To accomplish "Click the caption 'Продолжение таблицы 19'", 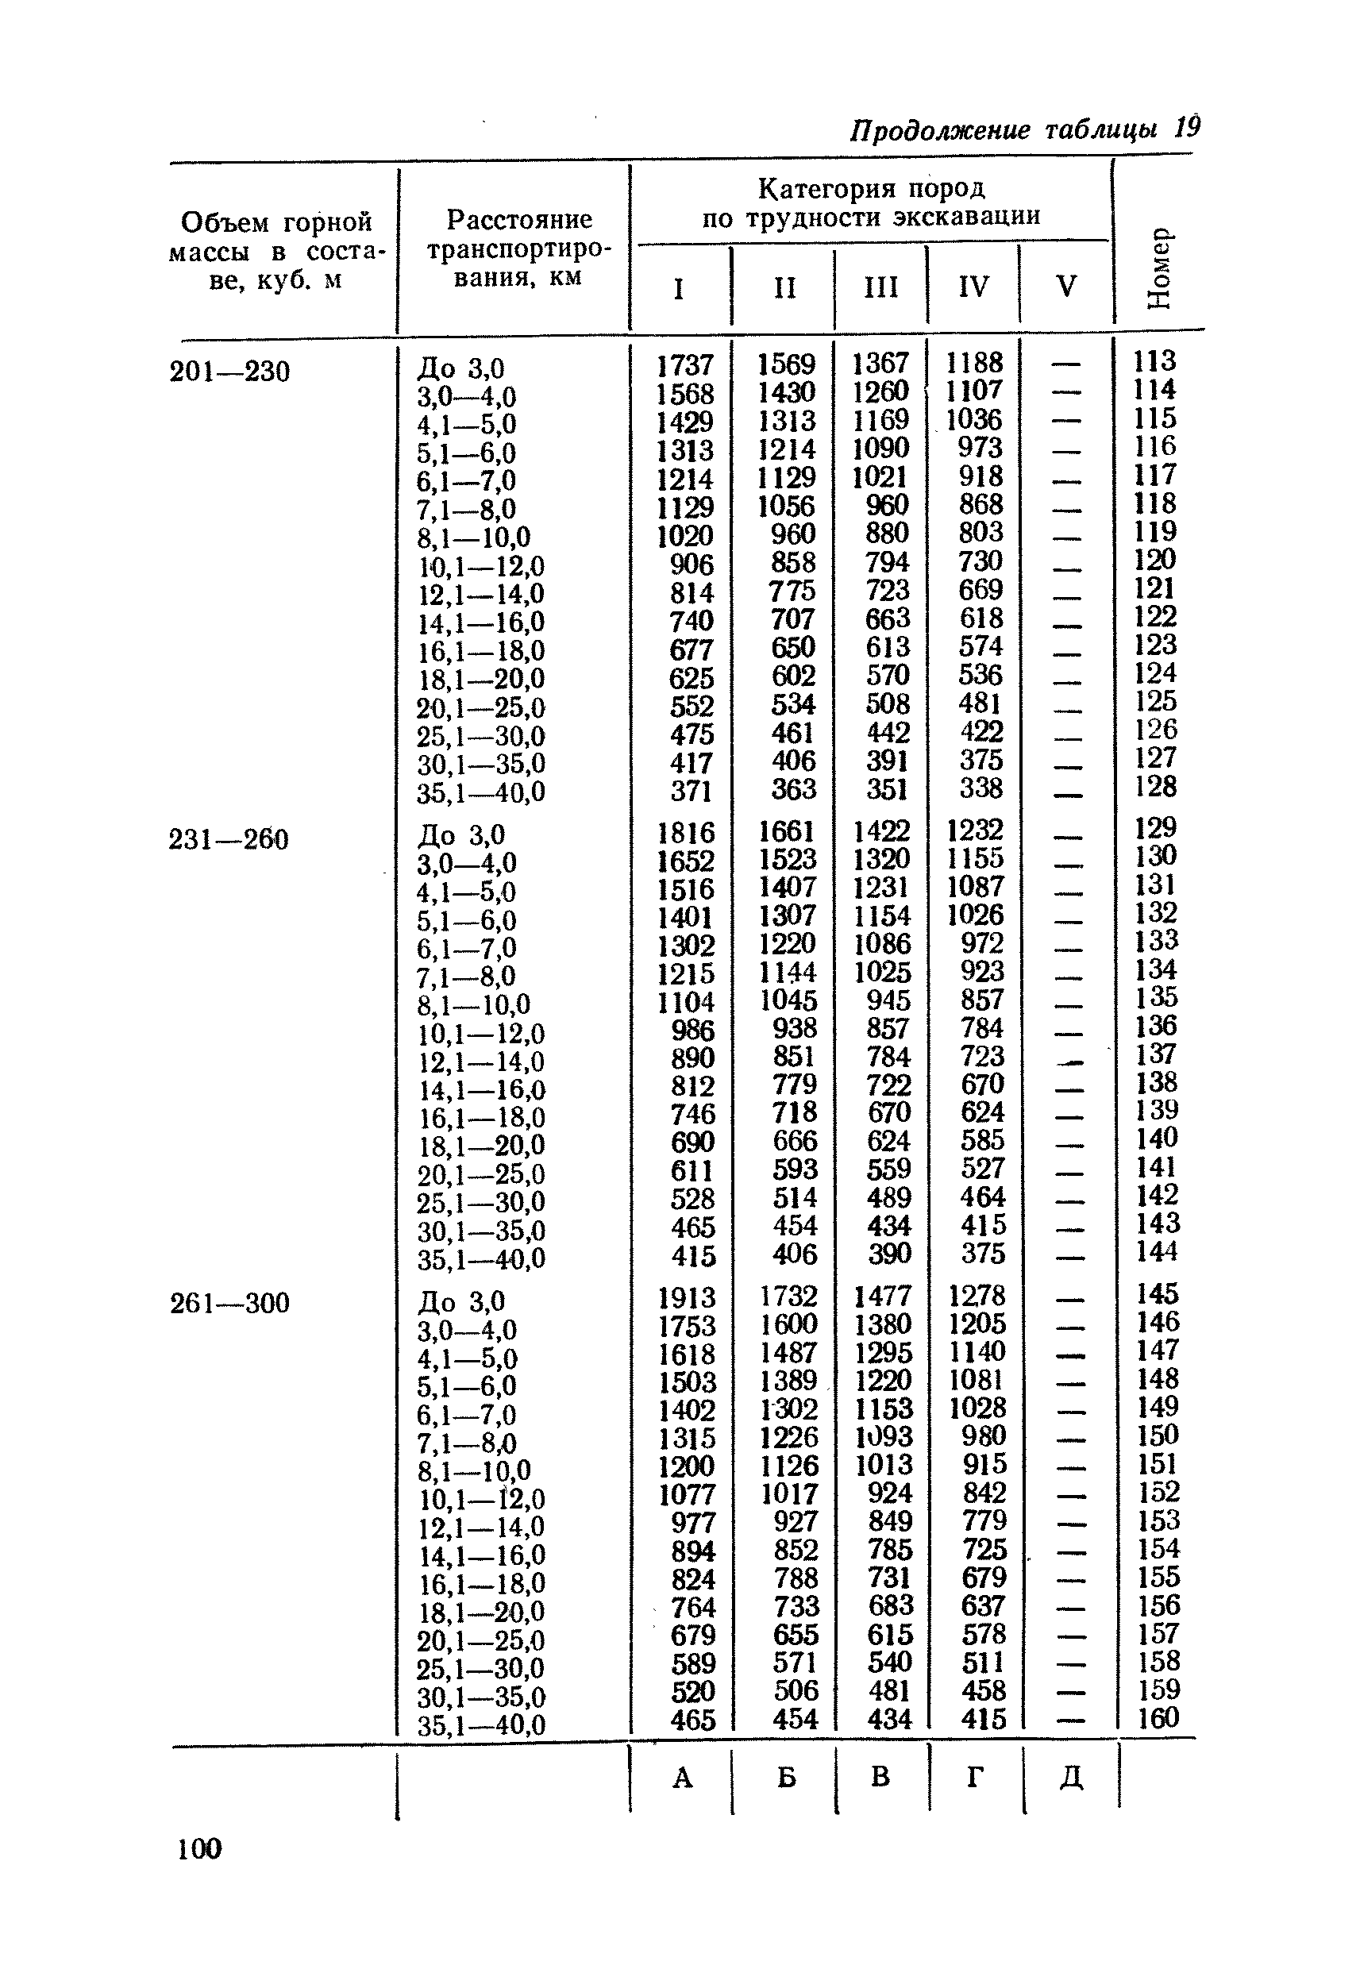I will point(1025,129).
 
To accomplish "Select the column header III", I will point(880,287).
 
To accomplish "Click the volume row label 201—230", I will point(230,372).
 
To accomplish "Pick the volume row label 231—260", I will point(229,840).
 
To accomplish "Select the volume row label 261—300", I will point(230,1303).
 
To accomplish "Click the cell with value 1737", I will point(684,365).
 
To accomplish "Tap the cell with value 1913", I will point(686,1297).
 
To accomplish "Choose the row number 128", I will point(1155,785).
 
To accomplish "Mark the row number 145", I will point(1158,1293).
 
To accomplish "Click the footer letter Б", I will point(786,1778).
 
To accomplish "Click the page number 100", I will point(199,1848).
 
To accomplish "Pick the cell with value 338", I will point(981,788).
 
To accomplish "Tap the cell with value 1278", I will point(977,1295).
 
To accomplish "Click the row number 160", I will point(1158,1717).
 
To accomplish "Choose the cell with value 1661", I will point(788,830).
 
